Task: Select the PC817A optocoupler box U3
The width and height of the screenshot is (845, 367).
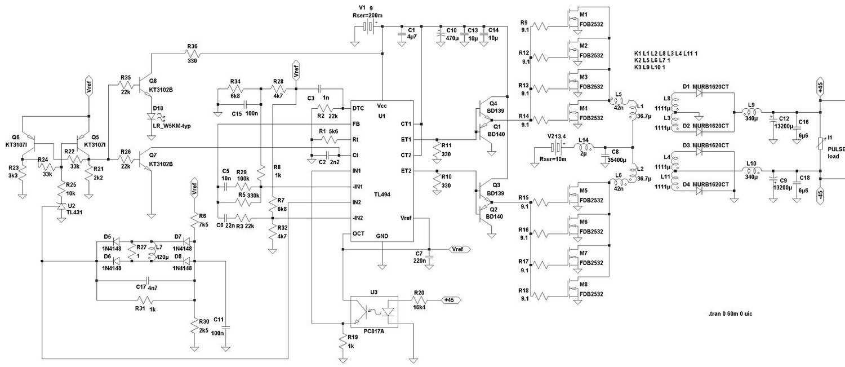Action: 374,311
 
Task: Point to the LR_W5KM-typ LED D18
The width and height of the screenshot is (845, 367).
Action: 151,115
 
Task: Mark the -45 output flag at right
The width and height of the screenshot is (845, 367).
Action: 820,194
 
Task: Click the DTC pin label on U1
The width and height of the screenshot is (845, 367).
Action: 357,108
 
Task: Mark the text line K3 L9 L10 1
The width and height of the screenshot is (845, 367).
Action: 658,68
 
